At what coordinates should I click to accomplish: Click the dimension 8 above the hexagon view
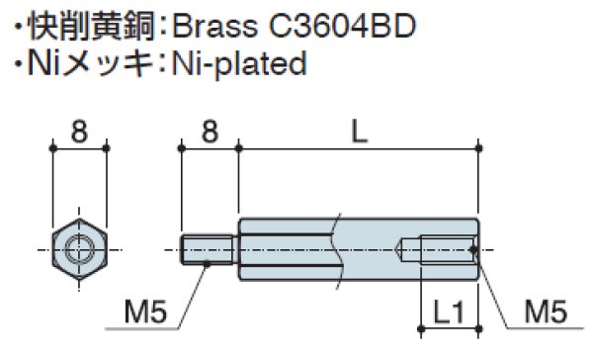[78, 129]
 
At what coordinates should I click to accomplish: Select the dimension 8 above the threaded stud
[210, 129]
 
